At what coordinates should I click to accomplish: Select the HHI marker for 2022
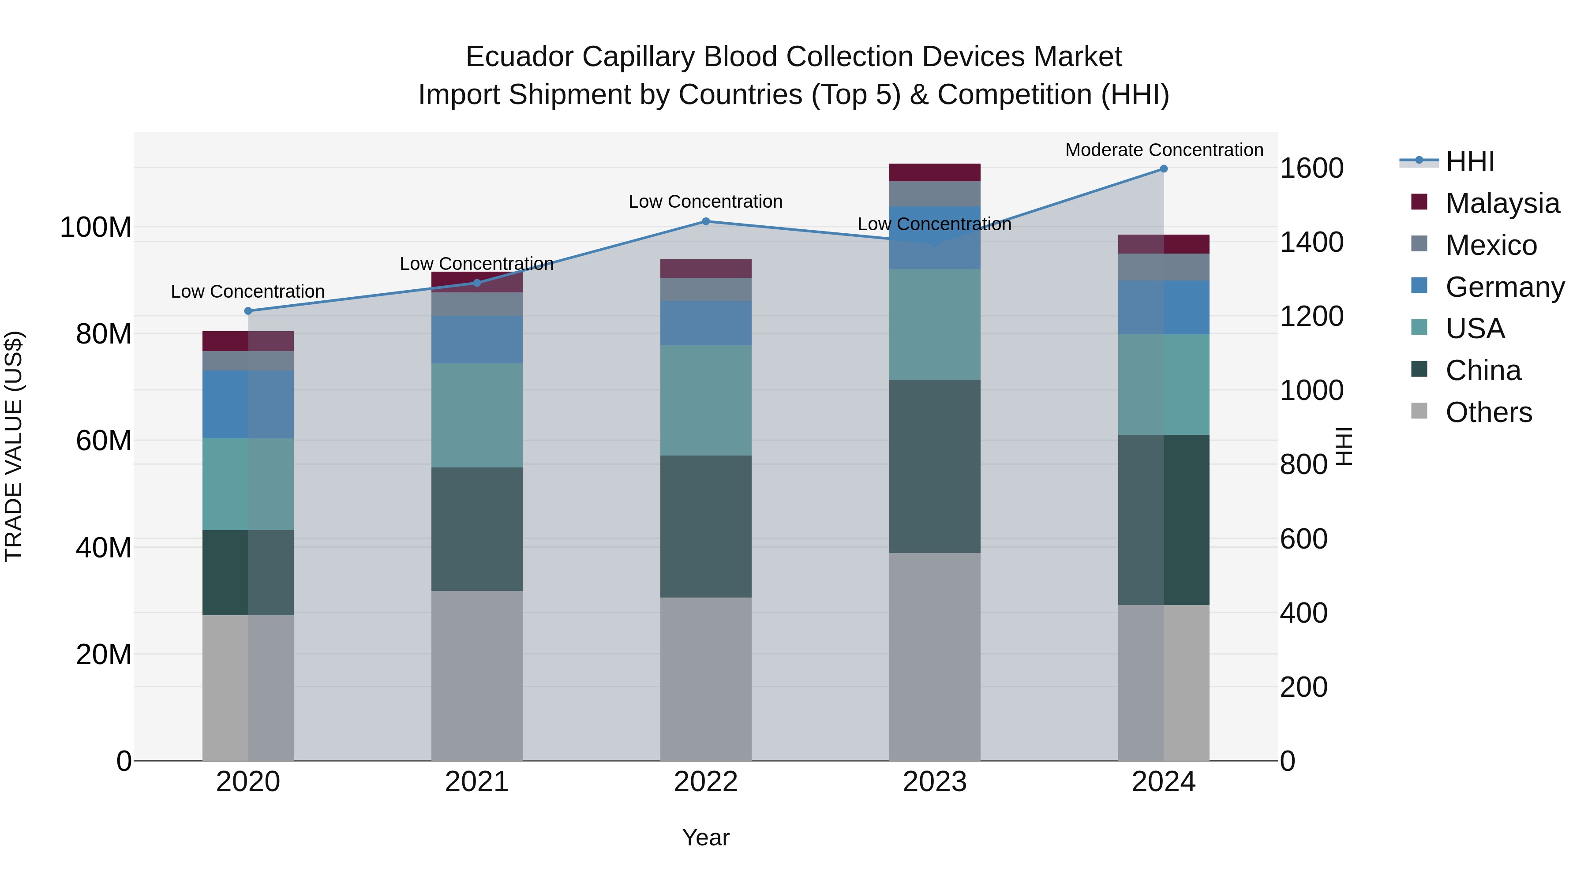(x=706, y=221)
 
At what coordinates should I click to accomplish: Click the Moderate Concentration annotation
(x=1164, y=150)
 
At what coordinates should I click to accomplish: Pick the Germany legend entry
(x=1504, y=287)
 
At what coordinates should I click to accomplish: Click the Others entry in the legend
(x=1488, y=412)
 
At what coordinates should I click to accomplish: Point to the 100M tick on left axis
(x=96, y=228)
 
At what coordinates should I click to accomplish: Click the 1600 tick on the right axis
(x=1311, y=168)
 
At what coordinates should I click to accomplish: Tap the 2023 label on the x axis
(x=935, y=782)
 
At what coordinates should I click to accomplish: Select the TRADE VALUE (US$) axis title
(x=14, y=446)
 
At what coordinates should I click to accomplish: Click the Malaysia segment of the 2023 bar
(x=935, y=172)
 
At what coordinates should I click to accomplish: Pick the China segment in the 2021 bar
(x=476, y=529)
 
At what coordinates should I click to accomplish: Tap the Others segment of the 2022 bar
(x=706, y=678)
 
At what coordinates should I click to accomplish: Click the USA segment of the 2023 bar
(x=935, y=324)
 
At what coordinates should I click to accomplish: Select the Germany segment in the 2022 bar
(x=706, y=323)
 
